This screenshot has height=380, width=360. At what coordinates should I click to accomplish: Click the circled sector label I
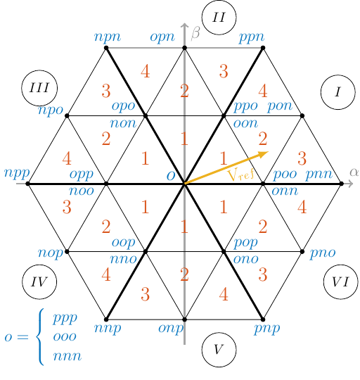[x=338, y=91]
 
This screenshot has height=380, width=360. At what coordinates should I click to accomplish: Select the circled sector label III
[x=39, y=87]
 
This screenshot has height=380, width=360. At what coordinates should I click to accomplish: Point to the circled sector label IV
[x=39, y=281]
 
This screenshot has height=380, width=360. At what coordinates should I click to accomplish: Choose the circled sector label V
[x=219, y=350]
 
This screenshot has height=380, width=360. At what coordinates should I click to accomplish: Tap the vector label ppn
[x=252, y=37]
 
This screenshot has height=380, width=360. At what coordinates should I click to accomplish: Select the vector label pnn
[x=320, y=174]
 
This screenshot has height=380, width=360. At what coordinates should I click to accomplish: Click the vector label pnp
[x=267, y=329]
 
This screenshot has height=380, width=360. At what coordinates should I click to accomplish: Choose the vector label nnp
[x=107, y=329]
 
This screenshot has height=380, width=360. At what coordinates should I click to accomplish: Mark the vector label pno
[x=322, y=252]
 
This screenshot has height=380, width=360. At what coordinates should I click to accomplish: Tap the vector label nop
[x=50, y=251]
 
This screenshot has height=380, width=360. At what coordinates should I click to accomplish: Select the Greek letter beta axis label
[x=195, y=32]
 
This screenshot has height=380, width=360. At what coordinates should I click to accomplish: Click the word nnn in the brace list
[x=67, y=355]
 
